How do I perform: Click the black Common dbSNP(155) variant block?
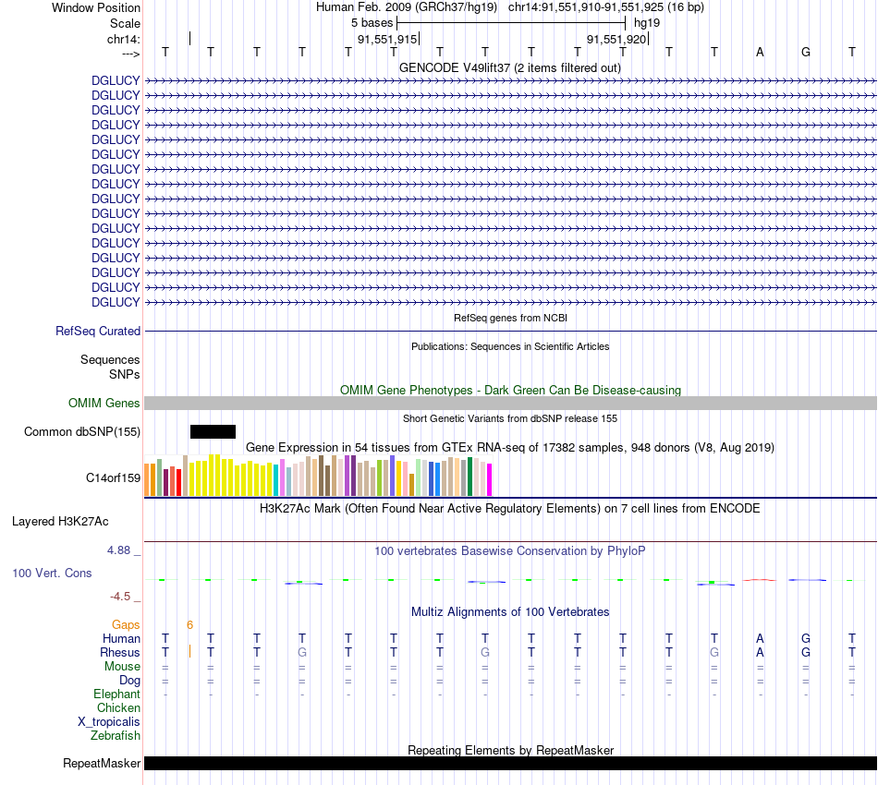tap(213, 431)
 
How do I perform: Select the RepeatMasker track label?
tap(102, 764)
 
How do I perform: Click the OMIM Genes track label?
tap(104, 404)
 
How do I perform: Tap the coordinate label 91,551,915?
tap(387, 40)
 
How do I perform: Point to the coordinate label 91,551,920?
tap(616, 40)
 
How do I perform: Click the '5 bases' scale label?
tap(372, 22)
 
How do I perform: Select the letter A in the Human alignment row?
tap(760, 639)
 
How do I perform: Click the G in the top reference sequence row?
tap(806, 52)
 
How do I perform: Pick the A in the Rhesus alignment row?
tap(760, 653)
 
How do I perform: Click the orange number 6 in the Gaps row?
tap(189, 625)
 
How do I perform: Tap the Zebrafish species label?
tap(116, 736)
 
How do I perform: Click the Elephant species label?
tap(116, 694)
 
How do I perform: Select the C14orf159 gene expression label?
tap(113, 478)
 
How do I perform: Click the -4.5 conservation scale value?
tap(124, 597)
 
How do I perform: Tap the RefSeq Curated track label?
tap(98, 332)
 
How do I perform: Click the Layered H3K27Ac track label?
tap(60, 522)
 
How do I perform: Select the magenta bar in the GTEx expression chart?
tap(489, 479)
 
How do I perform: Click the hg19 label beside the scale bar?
tap(647, 22)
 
